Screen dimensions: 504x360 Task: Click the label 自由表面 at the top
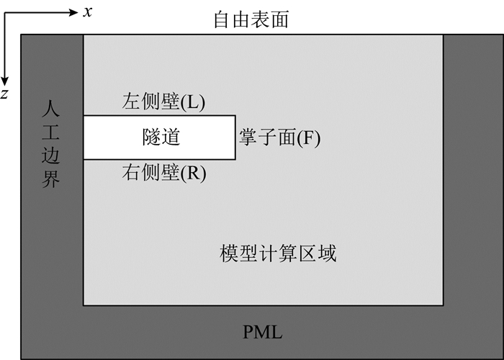(x=251, y=19)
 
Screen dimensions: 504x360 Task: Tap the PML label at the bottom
(x=262, y=332)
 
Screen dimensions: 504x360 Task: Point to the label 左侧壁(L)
(x=164, y=103)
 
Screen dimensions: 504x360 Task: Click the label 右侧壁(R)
(x=164, y=174)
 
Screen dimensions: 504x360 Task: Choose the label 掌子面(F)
(x=279, y=138)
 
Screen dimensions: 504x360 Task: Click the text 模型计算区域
(x=278, y=253)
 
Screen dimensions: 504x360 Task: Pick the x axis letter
(x=86, y=12)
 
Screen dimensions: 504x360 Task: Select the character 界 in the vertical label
(x=50, y=179)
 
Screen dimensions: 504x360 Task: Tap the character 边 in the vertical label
(x=50, y=156)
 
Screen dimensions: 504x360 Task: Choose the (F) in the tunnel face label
(x=307, y=138)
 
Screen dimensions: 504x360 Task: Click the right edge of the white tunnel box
(x=235, y=138)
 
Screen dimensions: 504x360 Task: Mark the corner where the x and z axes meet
(x=5, y=12)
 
